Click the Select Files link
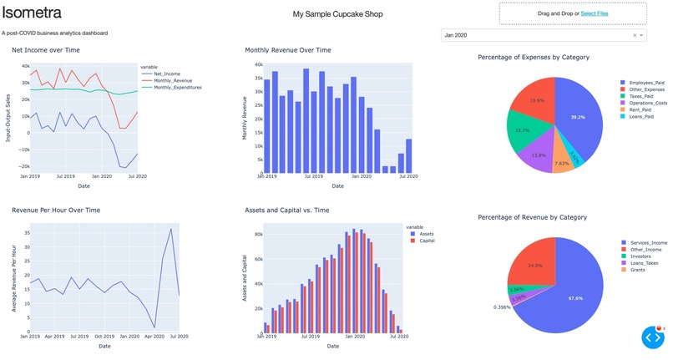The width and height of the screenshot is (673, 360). (595, 14)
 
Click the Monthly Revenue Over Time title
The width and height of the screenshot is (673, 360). (287, 50)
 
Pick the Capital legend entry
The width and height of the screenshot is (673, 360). (428, 241)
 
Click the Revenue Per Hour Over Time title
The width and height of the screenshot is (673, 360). (56, 210)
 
